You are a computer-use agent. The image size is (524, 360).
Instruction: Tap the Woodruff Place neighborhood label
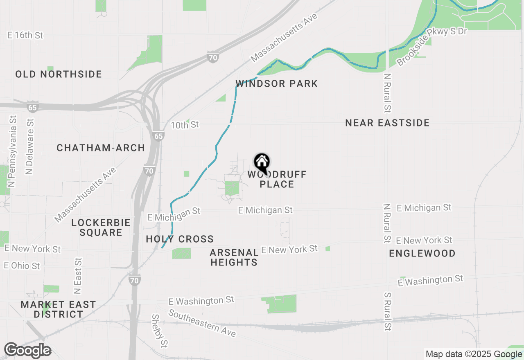(x=277, y=180)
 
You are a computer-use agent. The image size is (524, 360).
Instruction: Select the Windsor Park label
(x=277, y=84)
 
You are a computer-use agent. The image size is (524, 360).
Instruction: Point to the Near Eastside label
(x=387, y=123)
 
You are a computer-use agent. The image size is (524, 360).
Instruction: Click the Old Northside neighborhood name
(x=59, y=74)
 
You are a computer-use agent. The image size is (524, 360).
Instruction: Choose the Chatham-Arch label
(x=101, y=148)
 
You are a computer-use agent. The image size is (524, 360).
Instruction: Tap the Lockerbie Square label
(x=101, y=228)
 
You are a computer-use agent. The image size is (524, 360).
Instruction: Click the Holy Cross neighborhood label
(x=180, y=239)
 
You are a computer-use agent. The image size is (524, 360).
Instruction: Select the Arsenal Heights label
(x=234, y=257)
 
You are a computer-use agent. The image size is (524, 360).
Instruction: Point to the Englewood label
(x=422, y=254)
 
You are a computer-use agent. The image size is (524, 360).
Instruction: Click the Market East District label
(x=58, y=310)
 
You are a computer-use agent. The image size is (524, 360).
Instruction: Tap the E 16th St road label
(x=25, y=36)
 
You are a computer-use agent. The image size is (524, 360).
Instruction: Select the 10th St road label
(x=185, y=125)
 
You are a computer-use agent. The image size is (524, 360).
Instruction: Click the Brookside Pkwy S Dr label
(x=432, y=47)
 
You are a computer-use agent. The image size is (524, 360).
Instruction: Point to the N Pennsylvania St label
(x=13, y=151)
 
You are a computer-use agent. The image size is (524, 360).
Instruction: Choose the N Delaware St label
(x=29, y=146)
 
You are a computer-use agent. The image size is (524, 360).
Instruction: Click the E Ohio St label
(x=22, y=265)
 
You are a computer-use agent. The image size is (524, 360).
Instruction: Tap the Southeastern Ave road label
(x=202, y=324)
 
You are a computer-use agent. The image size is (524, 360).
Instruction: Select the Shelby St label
(x=160, y=330)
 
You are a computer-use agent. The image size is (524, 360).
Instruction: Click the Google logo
(x=28, y=351)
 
